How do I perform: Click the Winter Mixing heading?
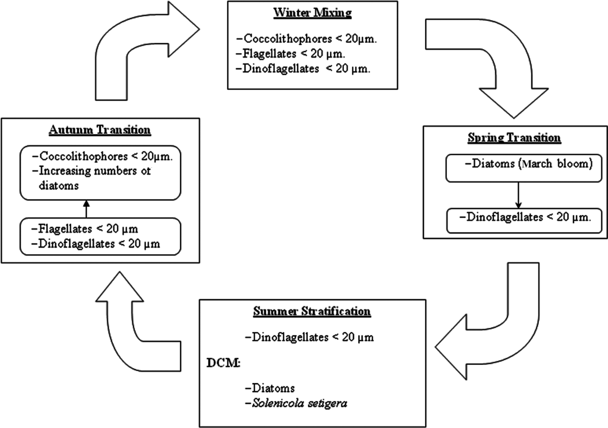point(312,13)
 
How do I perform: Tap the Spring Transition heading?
point(514,138)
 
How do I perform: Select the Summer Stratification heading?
point(312,311)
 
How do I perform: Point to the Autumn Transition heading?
point(100,130)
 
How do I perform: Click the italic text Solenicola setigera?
point(299,403)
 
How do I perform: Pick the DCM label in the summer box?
point(223,363)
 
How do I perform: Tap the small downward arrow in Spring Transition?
point(518,196)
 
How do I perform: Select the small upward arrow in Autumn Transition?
point(86,209)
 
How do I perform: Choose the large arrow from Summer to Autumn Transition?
point(130,330)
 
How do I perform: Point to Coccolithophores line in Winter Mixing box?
point(307,39)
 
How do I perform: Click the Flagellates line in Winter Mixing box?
point(291,54)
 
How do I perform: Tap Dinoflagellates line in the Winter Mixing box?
point(303,69)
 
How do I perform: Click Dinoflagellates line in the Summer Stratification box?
point(309,337)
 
